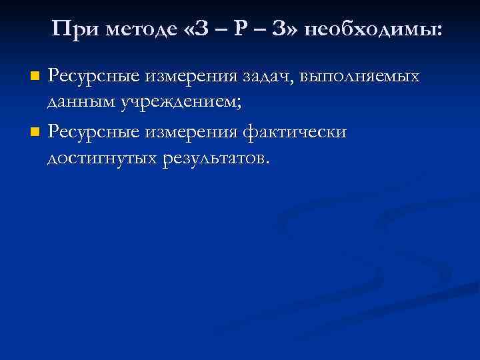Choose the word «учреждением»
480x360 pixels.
179,103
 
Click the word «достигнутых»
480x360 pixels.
101,159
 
